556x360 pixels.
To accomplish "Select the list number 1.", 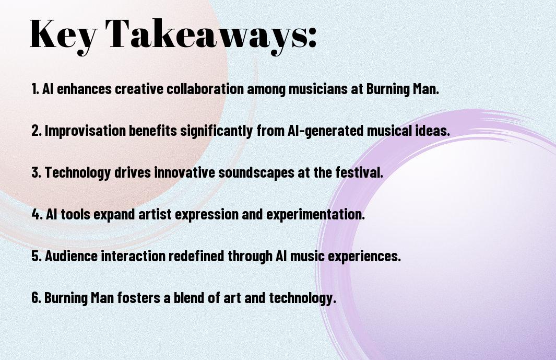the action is click(35, 89).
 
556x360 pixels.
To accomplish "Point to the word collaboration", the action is click(205, 89).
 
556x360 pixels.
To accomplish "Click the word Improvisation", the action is click(85, 131).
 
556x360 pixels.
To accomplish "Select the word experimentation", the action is click(315, 214).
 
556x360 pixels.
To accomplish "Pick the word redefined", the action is click(196, 256).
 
